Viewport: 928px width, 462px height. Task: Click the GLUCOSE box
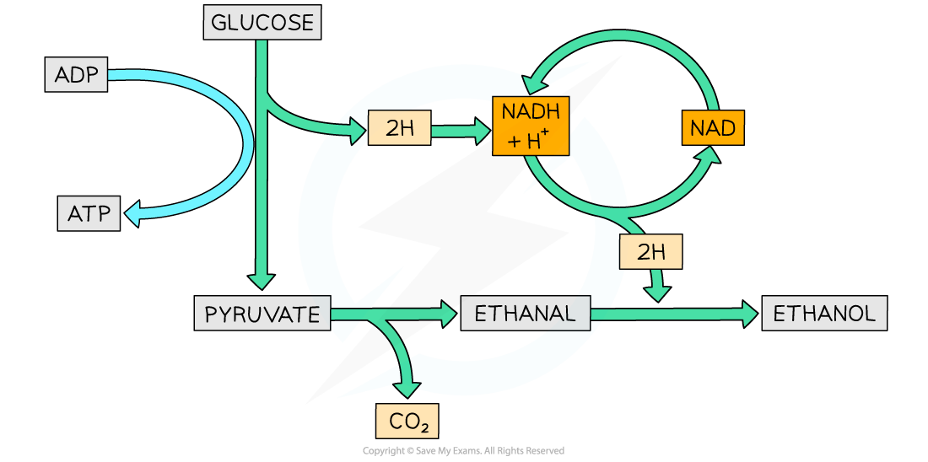click(262, 23)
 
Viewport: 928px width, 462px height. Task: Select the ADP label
click(76, 76)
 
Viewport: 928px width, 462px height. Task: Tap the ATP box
click(89, 213)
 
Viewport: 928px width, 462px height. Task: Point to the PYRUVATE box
click(262, 314)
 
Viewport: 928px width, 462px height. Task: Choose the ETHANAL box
click(525, 314)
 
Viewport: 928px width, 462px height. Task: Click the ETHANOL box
click(824, 314)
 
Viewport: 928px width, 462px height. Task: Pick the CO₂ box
click(408, 422)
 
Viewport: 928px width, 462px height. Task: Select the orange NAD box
click(713, 129)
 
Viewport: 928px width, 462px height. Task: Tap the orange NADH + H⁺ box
click(531, 126)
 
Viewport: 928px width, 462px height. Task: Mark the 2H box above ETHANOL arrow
click(650, 251)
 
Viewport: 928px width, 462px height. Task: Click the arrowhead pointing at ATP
click(132, 215)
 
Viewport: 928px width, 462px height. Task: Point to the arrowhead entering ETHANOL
click(749, 314)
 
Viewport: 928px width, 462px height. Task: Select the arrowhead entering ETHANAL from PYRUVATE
click(448, 314)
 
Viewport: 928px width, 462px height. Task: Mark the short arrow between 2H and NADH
click(461, 131)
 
